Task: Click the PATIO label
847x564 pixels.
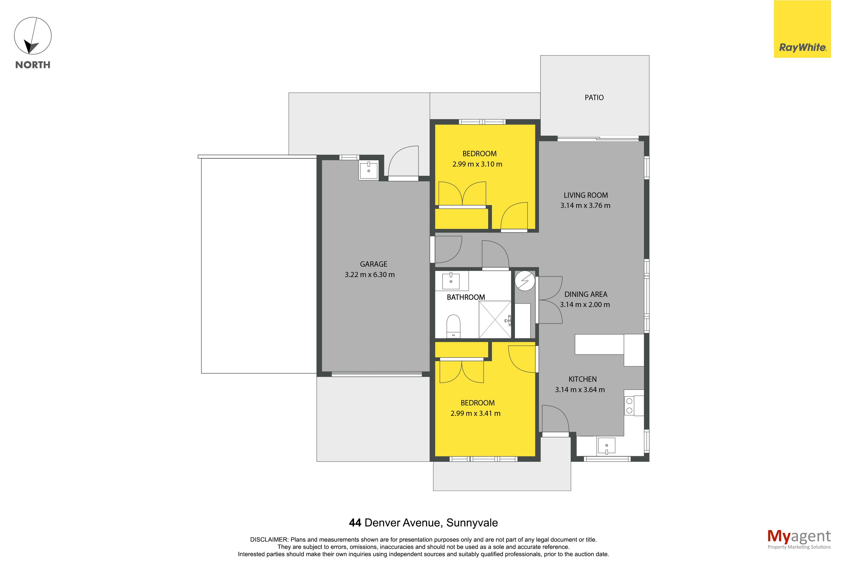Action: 594,97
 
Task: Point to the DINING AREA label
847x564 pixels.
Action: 585,294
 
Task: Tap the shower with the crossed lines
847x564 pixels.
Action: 495,319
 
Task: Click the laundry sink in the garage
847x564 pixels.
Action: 368,170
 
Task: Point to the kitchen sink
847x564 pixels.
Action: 606,445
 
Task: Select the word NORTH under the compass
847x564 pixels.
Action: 33,65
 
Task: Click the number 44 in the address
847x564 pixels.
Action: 355,523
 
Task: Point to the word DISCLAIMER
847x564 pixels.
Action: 269,540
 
